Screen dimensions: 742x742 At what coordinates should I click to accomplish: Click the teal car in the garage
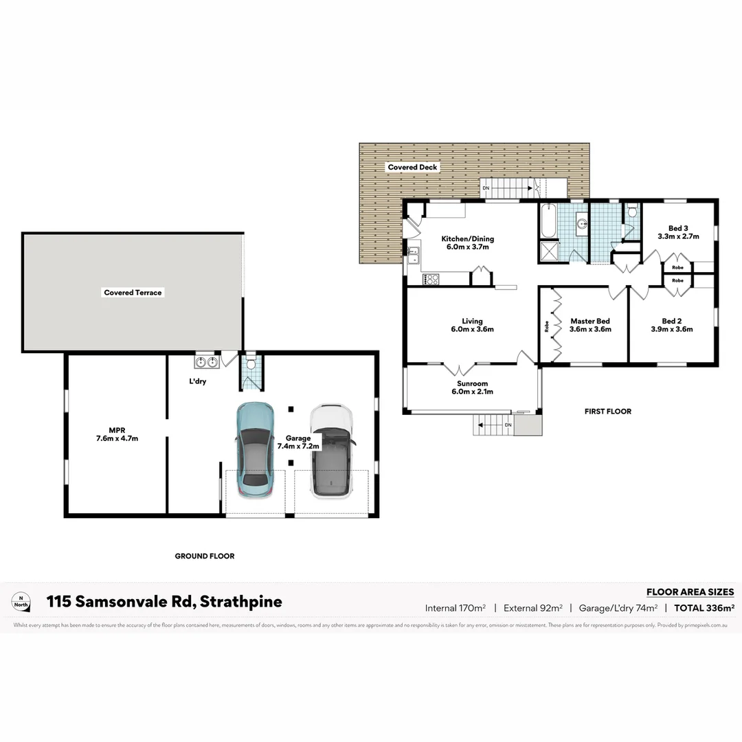click(x=254, y=450)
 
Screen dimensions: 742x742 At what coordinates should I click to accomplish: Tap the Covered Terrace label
click(x=133, y=293)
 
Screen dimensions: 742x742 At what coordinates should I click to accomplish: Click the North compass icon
click(x=21, y=602)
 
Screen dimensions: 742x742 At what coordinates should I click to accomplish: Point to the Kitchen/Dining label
click(x=467, y=243)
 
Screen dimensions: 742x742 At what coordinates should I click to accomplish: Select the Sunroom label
click(x=472, y=387)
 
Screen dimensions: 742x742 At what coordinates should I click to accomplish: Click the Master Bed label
click(x=589, y=325)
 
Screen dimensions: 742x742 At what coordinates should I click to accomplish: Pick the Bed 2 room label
click(x=671, y=325)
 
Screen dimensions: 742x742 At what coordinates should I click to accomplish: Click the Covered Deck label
click(x=412, y=167)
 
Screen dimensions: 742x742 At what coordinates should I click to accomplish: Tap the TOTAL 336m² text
click(x=704, y=607)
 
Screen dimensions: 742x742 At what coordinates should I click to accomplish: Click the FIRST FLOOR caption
click(x=607, y=412)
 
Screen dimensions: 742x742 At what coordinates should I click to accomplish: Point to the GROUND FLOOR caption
click(x=204, y=556)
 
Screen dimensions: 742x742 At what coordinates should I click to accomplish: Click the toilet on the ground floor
click(x=251, y=362)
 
